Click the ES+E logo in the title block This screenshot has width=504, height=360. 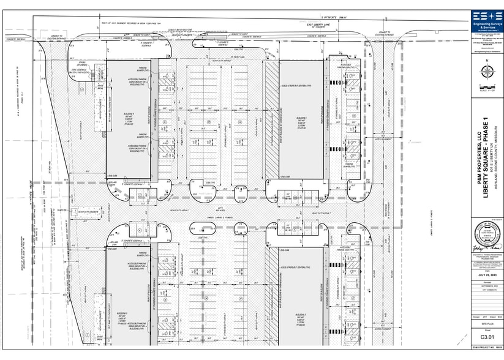point(487,17)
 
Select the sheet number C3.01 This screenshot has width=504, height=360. point(487,336)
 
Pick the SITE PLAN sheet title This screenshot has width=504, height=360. point(487,322)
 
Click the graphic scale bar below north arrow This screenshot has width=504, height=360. point(487,88)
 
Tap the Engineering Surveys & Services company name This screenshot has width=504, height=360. point(487,28)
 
